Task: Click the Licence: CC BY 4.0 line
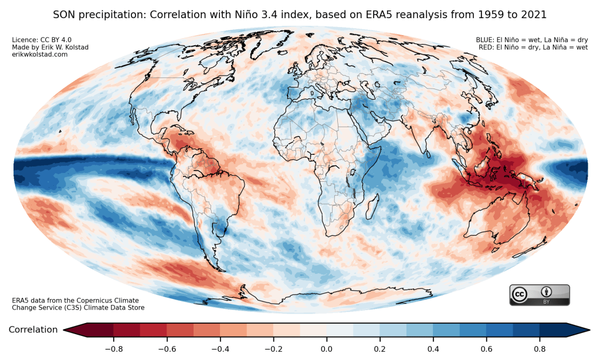37,40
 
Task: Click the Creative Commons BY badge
539,295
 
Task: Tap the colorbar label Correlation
33,330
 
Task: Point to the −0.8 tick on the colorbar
113,349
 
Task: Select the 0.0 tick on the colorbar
327,349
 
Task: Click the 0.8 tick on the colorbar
540,349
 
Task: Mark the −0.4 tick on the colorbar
220,349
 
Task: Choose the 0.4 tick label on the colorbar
433,349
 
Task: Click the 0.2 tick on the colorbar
379,349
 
